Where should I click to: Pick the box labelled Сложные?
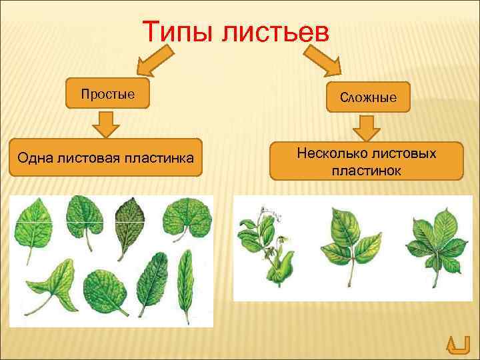pyautogui.click(x=368, y=97)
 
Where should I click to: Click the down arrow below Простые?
pyautogui.click(x=105, y=124)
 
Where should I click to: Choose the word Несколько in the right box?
pyautogui.click(x=326, y=154)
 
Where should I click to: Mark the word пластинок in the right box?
pyautogui.click(x=366, y=171)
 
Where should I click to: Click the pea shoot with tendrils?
pyautogui.click(x=266, y=247)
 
